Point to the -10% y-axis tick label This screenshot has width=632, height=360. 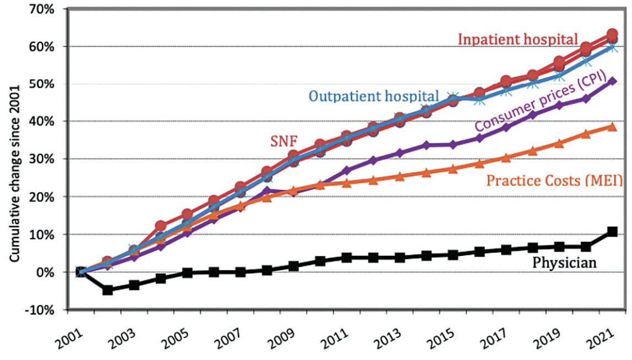(x=40, y=310)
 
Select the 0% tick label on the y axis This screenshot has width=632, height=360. (x=45, y=272)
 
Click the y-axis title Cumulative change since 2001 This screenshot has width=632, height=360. (x=17, y=159)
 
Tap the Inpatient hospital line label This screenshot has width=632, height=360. (x=518, y=40)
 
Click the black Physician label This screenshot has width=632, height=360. (x=564, y=263)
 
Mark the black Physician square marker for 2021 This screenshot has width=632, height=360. (x=612, y=232)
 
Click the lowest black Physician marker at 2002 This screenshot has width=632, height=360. (x=108, y=290)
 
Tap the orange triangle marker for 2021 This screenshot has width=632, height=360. (x=612, y=127)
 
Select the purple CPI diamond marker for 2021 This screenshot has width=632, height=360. (x=612, y=81)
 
